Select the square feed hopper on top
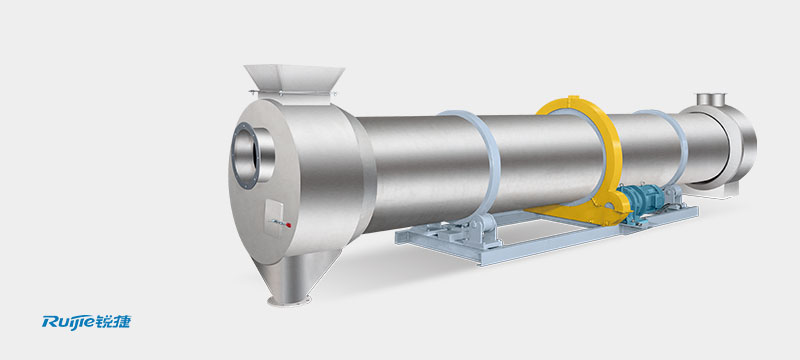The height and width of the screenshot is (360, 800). (x=294, y=80)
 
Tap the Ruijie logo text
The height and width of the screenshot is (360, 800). (x=72, y=321)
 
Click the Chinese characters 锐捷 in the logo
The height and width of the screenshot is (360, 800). (x=117, y=321)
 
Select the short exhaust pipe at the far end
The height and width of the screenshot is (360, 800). (x=711, y=99)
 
